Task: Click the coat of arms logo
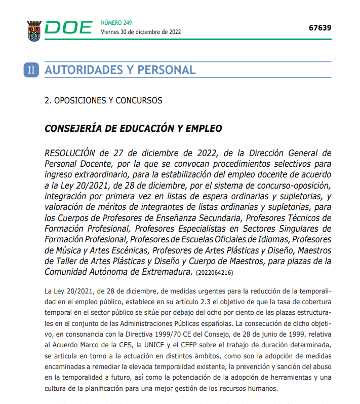coord(34,30)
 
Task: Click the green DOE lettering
coord(68,28)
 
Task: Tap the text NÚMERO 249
coord(116,22)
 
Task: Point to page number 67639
coord(320,27)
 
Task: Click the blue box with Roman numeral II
coord(31,70)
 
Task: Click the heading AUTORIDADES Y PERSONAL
coord(120,70)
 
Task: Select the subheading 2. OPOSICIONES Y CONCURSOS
coord(103,100)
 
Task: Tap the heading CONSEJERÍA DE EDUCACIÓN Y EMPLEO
coord(133,128)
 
